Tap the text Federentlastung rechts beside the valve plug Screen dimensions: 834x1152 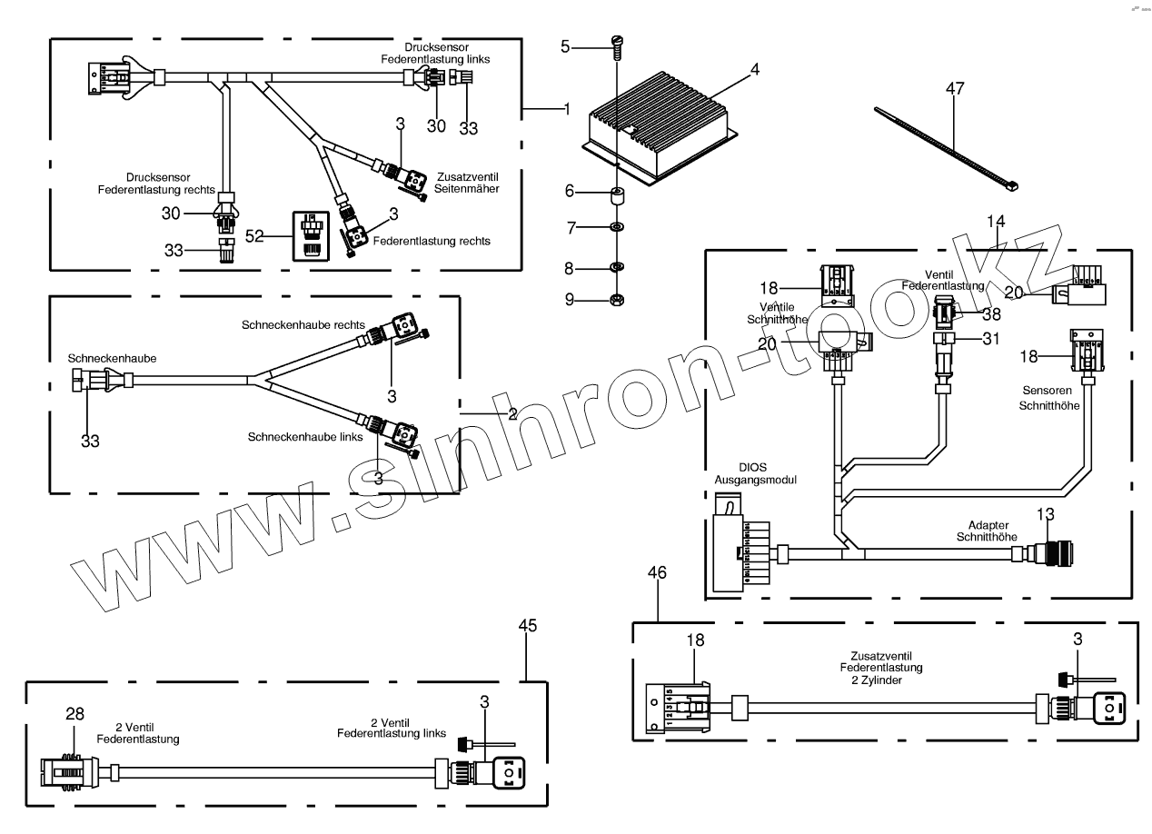point(432,242)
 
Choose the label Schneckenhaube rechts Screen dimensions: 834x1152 point(303,324)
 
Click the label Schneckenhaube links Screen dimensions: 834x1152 point(304,437)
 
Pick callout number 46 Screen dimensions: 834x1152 point(658,572)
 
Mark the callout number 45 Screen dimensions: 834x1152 point(528,626)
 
